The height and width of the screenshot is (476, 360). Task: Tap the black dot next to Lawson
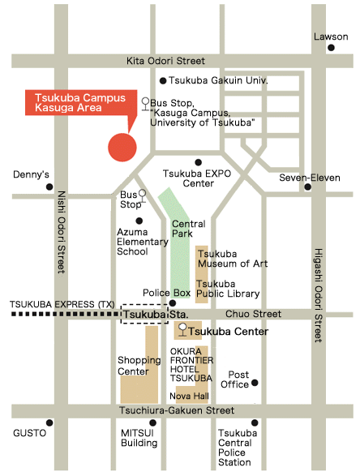331,48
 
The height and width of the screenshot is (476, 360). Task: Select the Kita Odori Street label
165,62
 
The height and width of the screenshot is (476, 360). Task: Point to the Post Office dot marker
255,383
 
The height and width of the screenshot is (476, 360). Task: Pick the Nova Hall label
190,395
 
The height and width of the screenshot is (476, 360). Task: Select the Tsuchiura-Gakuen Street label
167,411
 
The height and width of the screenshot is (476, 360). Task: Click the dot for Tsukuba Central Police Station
255,422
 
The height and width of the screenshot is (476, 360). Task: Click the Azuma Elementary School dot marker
139,220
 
